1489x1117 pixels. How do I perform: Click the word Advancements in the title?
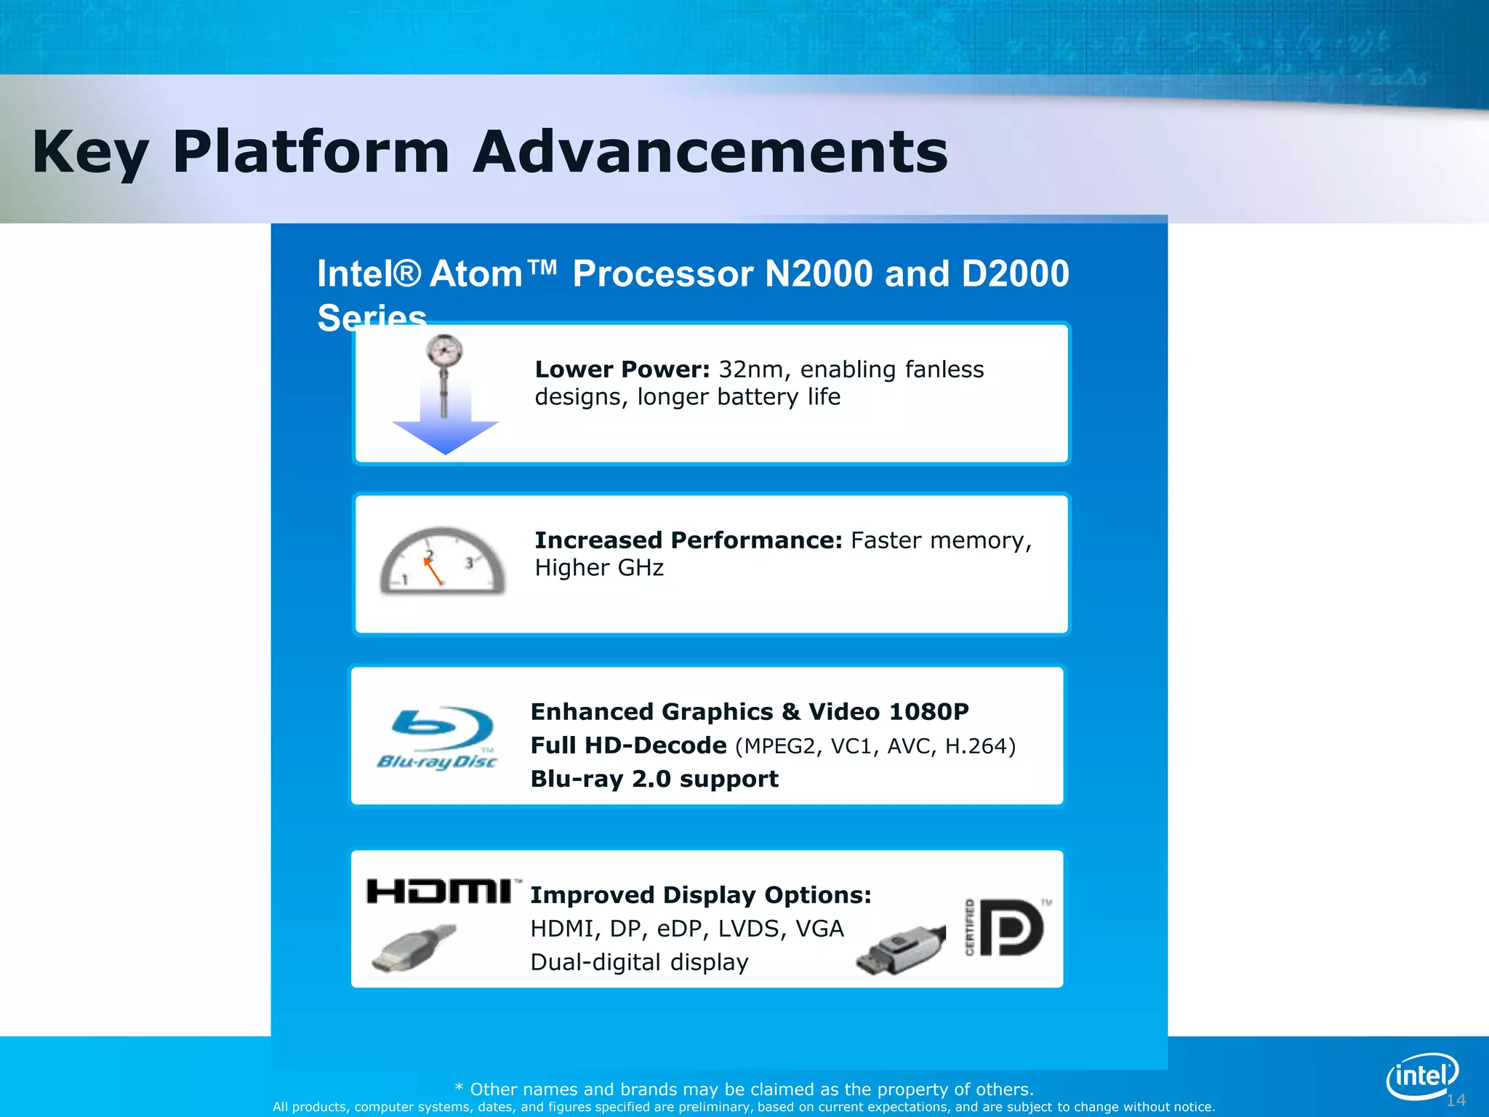(x=710, y=152)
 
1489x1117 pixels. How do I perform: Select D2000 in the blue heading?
(x=1015, y=274)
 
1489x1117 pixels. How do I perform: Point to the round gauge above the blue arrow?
(x=444, y=352)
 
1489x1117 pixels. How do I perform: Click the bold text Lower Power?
(x=622, y=369)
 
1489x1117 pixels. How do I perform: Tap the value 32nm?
(x=751, y=369)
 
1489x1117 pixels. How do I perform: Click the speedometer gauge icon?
(x=442, y=561)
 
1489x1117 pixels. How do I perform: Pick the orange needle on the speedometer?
(x=433, y=571)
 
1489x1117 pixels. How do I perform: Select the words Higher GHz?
(x=599, y=568)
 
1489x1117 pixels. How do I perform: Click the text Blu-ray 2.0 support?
(x=654, y=779)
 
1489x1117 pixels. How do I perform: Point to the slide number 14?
(x=1456, y=1100)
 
